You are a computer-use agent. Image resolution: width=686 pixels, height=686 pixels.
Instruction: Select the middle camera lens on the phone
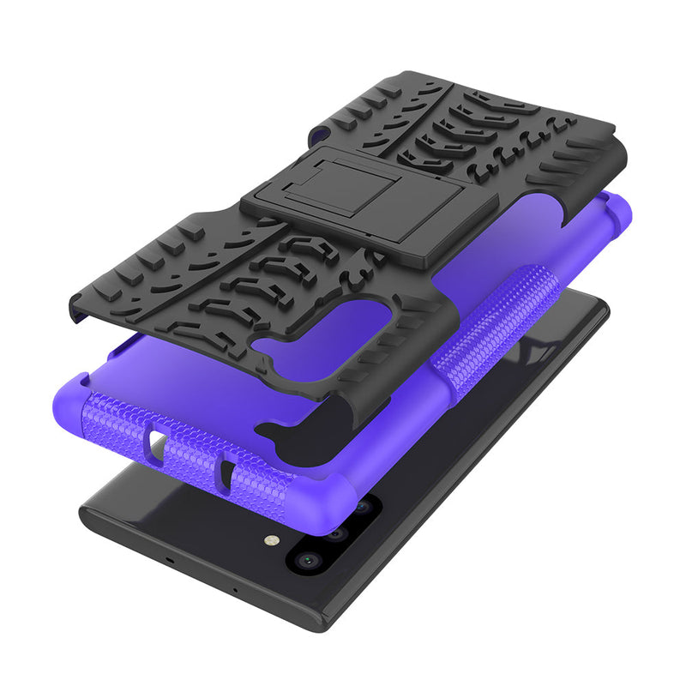[335, 533]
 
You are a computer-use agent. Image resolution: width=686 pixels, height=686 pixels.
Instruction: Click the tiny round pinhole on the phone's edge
[235, 590]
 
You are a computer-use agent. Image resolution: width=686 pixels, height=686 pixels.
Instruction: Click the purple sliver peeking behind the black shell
[322, 129]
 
